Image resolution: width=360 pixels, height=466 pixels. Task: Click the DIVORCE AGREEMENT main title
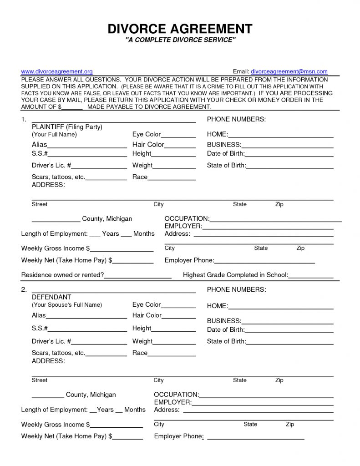(180, 29)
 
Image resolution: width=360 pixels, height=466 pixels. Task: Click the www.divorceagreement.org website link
(57, 72)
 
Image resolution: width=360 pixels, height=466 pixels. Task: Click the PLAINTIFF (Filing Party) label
(67, 127)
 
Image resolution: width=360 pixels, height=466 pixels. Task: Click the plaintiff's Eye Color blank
(178, 135)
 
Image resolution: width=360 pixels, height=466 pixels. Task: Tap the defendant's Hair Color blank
(179, 315)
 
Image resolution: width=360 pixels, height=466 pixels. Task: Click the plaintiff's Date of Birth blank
(289, 154)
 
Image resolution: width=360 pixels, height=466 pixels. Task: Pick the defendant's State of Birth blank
(290, 342)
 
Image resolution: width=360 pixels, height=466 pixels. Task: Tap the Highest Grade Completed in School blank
(311, 275)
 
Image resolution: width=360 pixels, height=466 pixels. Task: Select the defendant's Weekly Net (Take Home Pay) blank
(128, 436)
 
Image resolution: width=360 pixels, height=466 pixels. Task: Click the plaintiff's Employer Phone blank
(264, 261)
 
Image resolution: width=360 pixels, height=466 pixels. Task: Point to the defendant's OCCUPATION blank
(266, 395)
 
